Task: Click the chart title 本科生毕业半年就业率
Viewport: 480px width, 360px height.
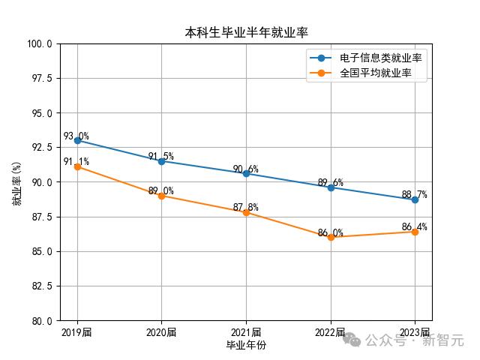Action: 246,33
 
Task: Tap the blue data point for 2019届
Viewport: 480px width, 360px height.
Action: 77,140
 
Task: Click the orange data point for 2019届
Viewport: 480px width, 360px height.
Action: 77,166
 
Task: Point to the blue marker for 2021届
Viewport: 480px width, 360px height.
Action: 246,173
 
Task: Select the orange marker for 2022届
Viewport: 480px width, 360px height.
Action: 331,237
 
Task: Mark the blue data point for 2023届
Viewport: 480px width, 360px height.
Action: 415,199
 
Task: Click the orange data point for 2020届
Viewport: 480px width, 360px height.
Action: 161,196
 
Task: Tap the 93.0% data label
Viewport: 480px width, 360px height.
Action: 76,136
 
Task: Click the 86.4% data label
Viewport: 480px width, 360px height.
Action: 414,226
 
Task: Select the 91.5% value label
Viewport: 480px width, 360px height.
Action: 160,157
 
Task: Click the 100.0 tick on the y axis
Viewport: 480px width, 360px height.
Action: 39,43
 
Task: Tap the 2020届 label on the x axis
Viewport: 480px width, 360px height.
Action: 161,332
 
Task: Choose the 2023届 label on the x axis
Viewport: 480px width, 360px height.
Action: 415,332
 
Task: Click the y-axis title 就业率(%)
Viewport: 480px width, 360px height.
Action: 16,182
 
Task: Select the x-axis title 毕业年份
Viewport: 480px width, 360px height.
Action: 246,345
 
